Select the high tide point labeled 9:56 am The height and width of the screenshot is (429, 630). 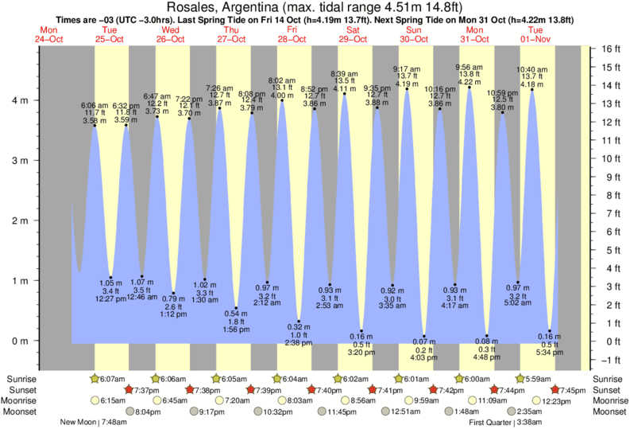[x=469, y=88]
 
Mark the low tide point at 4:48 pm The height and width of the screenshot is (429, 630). [x=486, y=337]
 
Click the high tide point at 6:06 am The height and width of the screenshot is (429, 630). [x=94, y=126]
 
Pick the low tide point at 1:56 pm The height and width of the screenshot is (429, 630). [x=236, y=308]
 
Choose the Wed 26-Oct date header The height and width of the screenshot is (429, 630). [x=171, y=33]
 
